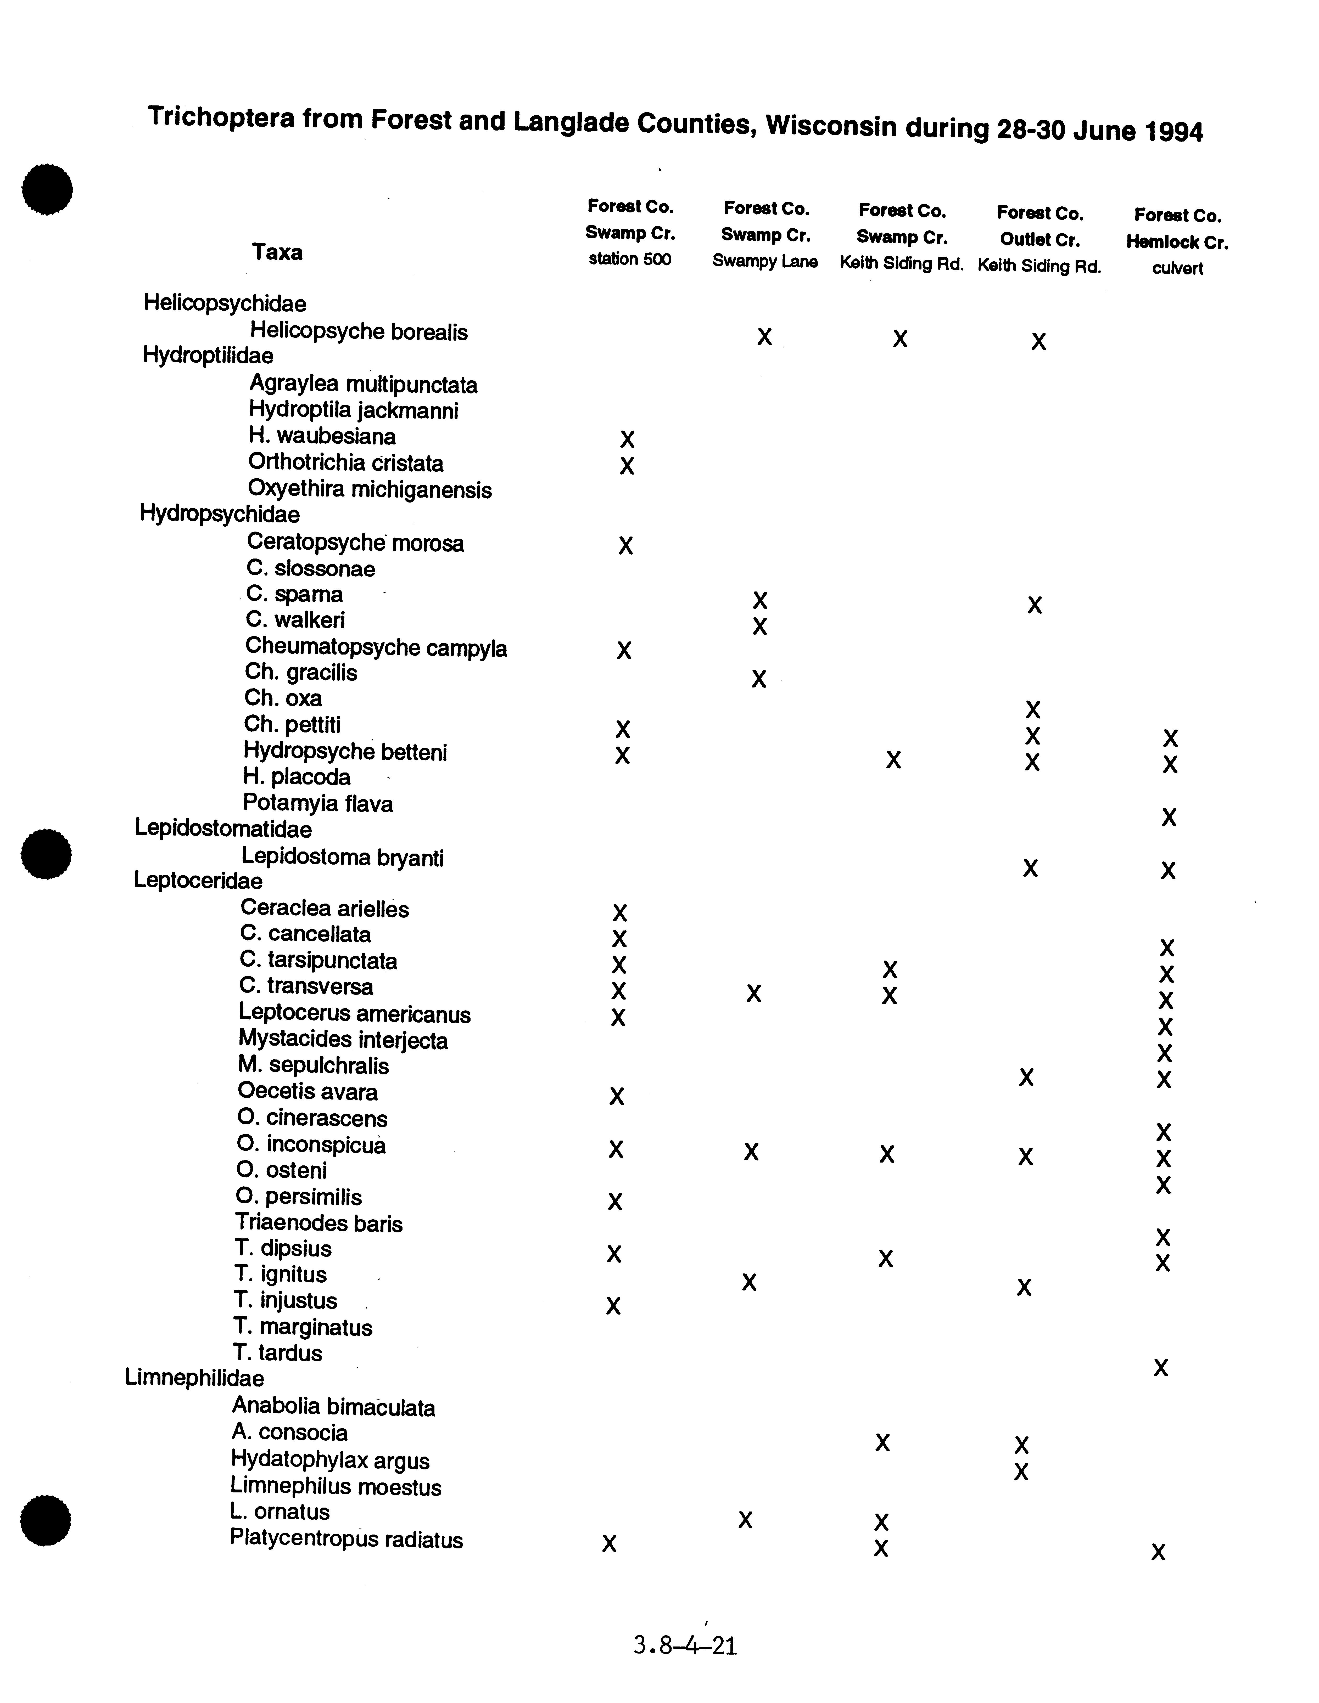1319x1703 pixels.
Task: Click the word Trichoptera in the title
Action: [x=221, y=117]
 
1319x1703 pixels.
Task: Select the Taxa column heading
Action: [x=277, y=252]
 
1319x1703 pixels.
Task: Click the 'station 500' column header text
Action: [x=629, y=259]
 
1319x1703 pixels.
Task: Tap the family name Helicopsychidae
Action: [x=225, y=303]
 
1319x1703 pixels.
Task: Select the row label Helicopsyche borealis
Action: [x=359, y=331]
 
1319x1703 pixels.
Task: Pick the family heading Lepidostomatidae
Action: [x=223, y=828]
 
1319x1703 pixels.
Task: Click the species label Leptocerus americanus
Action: [x=355, y=1014]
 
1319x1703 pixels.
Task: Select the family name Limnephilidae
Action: [x=194, y=1378]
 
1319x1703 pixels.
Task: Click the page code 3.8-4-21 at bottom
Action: [x=685, y=1646]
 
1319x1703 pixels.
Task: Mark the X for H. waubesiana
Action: [x=627, y=439]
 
